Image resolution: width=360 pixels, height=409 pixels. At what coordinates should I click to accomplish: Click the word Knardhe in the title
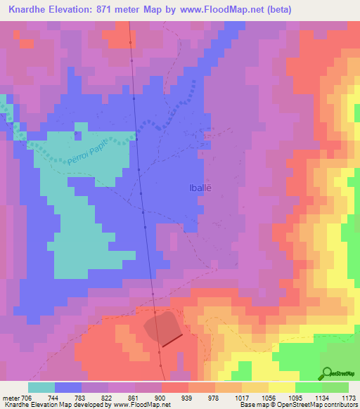[x=30, y=10]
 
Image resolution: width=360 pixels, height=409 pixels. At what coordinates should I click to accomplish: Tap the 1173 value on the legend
[x=348, y=397]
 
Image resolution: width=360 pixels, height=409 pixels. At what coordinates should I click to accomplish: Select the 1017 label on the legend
[x=242, y=397]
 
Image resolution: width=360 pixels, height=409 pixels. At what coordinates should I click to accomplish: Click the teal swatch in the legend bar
[x=41, y=387]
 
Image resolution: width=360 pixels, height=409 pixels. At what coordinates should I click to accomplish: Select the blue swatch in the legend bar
[x=68, y=387]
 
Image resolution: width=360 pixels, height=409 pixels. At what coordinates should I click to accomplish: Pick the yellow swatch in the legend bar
[x=282, y=387]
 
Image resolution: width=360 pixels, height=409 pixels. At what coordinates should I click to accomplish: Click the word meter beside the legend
[x=9, y=397]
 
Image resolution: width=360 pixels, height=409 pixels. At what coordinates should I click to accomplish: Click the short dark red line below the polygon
[x=172, y=341]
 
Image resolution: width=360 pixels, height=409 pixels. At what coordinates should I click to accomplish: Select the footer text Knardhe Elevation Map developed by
[x=48, y=405]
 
